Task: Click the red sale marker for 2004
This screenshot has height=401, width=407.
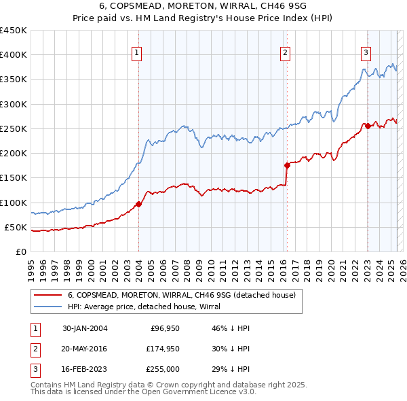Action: (x=138, y=204)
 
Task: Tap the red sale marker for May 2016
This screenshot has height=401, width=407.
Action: (x=286, y=165)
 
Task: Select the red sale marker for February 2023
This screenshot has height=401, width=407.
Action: (x=367, y=126)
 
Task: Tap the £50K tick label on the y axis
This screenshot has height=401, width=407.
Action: (x=16, y=227)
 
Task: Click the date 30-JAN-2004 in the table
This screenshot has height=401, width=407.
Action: (x=85, y=328)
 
